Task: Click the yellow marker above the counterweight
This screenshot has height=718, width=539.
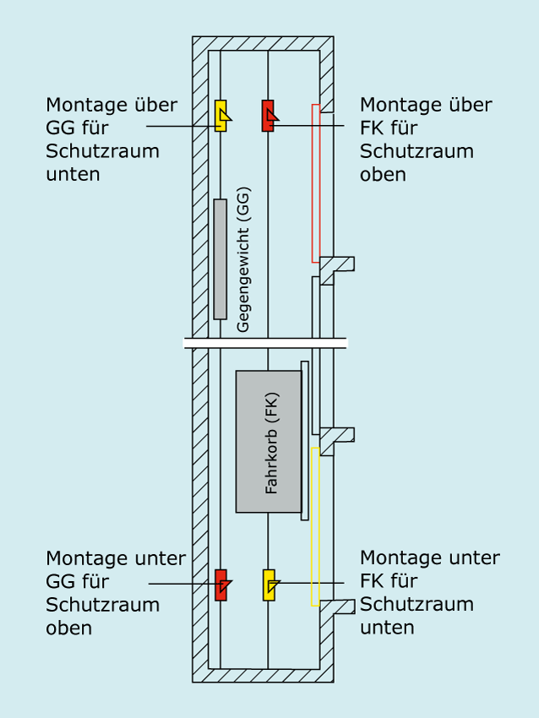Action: pyautogui.click(x=221, y=117)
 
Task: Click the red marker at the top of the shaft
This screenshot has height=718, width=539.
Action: pyautogui.click(x=268, y=117)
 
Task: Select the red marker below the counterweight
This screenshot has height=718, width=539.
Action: pyautogui.click(x=221, y=585)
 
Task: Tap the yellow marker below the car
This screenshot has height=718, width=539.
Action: pyautogui.click(x=269, y=585)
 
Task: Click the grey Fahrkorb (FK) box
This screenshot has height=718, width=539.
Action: pyautogui.click(x=269, y=441)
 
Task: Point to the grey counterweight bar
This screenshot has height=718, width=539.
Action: pyautogui.click(x=220, y=259)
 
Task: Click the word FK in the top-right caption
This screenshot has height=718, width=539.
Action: pyautogui.click(x=373, y=128)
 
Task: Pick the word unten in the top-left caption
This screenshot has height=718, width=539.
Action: pyautogui.click(x=73, y=175)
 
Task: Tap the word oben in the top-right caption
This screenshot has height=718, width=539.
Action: pyautogui.click(x=384, y=175)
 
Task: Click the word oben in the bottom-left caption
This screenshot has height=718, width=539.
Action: pyautogui.click(x=69, y=628)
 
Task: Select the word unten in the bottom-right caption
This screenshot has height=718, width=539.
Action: pyautogui.click(x=387, y=628)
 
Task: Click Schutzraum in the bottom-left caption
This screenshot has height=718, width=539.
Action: pyautogui.click(x=102, y=605)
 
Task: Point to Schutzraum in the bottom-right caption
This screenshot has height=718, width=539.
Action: pyautogui.click(x=416, y=605)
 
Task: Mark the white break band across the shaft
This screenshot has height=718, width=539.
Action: pyautogui.click(x=265, y=343)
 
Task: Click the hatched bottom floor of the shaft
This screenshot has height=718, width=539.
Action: pyautogui.click(x=262, y=676)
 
